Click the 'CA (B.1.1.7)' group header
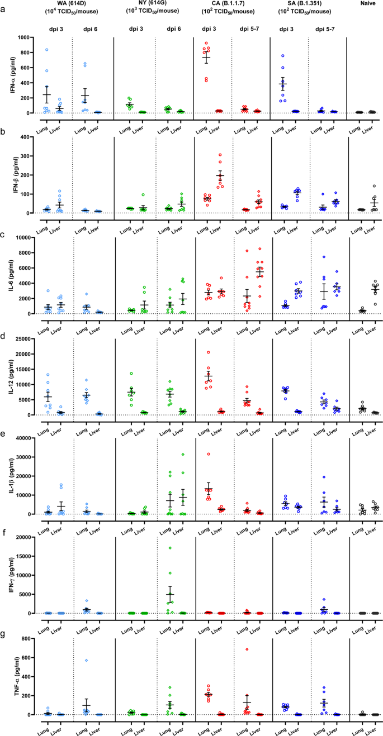point(232,4)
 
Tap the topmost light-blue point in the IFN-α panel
point(46,50)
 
